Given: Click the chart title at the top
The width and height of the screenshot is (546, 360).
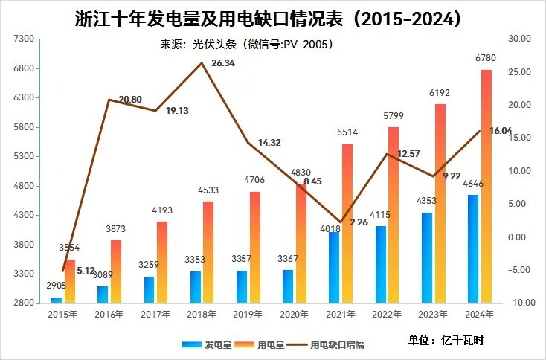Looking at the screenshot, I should pyautogui.click(x=272, y=18).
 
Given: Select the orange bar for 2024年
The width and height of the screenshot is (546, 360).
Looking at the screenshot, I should pyautogui.click(x=486, y=186).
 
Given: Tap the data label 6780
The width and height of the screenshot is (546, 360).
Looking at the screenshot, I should pyautogui.click(x=485, y=58).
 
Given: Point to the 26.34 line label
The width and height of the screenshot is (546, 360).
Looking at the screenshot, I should pyautogui.click(x=223, y=63).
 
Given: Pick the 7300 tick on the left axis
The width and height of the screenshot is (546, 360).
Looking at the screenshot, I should pyautogui.click(x=25, y=39).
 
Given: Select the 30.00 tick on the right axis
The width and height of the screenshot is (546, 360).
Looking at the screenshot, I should pyautogui.click(x=518, y=39).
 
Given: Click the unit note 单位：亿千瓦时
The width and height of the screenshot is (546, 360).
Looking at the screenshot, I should pyautogui.click(x=446, y=340).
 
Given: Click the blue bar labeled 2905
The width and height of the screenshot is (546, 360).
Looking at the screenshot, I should pyautogui.click(x=57, y=299).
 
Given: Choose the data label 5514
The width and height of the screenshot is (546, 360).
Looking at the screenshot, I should pyautogui.click(x=347, y=132).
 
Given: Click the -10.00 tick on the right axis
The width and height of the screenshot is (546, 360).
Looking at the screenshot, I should pyautogui.click(x=518, y=303).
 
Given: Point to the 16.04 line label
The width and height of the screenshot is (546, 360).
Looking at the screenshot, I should pyautogui.click(x=501, y=131).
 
